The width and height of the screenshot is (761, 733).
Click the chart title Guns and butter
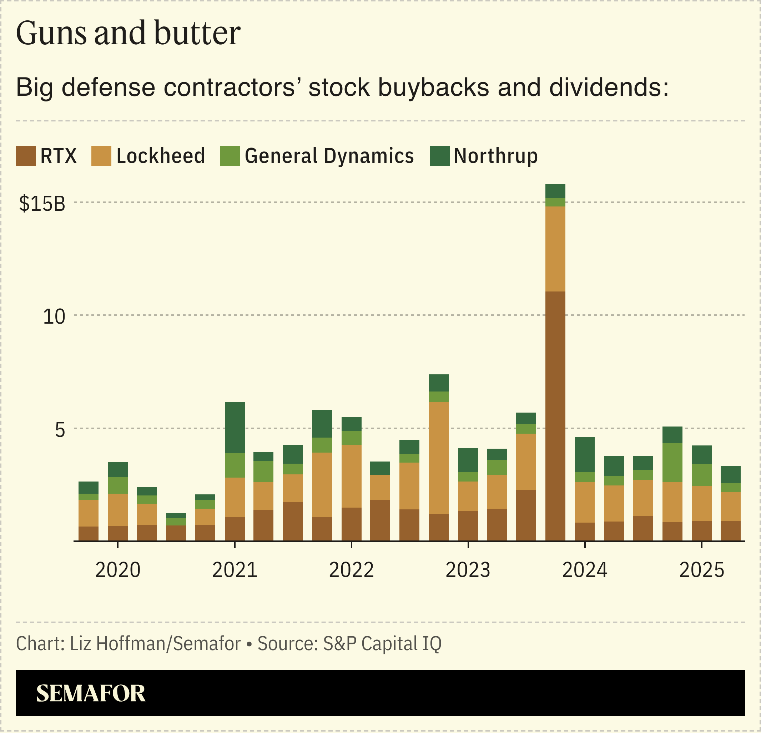pos(128,34)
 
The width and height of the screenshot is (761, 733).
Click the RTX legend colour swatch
pos(26,156)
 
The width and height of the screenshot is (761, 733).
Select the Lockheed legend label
pos(160,156)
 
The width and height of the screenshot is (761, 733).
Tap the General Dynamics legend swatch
pos(230,156)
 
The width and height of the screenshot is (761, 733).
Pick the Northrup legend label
pos(496,156)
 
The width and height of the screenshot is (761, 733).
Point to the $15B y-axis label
pos(42,204)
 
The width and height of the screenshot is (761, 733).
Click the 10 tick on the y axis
pos(54,317)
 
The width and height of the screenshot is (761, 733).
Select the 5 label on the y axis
pos(60,430)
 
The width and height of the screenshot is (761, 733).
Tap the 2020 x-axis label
pos(118,570)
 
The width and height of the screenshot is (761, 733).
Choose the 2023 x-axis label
pos(468,570)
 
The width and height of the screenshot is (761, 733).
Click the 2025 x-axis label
pos(702,570)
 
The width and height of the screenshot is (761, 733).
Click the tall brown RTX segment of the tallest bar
pos(555,416)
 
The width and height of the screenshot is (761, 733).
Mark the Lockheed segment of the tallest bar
pos(555,249)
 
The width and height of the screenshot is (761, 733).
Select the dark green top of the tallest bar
pos(555,191)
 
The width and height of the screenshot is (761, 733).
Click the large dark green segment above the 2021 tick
pos(235,428)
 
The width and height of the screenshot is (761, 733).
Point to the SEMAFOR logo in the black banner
pos(91,694)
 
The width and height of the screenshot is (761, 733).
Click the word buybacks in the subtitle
pos(433,87)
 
